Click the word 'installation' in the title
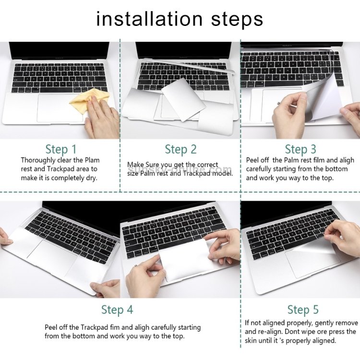pyautogui.click(x=149, y=19)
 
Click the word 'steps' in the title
pyautogui.click(x=237, y=20)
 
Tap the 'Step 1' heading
pyautogui.click(x=61, y=149)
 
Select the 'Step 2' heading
pyautogui.click(x=180, y=149)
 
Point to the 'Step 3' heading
pyautogui.click(x=300, y=149)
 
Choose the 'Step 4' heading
pyautogui.click(x=117, y=310)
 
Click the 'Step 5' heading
pyautogui.click(x=303, y=310)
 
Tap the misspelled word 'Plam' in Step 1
pyautogui.click(x=92, y=160)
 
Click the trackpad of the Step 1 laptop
pyautogui.click(x=60, y=108)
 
